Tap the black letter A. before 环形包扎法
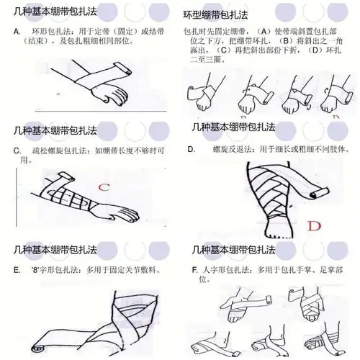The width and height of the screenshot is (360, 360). (17, 32)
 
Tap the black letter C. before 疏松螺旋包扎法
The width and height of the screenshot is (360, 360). (17, 150)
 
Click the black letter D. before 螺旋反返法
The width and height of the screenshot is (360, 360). (192, 150)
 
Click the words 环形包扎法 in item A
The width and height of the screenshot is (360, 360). (49, 32)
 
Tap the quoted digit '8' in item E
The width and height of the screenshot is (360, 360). (38, 269)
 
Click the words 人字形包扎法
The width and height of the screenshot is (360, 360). (223, 269)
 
